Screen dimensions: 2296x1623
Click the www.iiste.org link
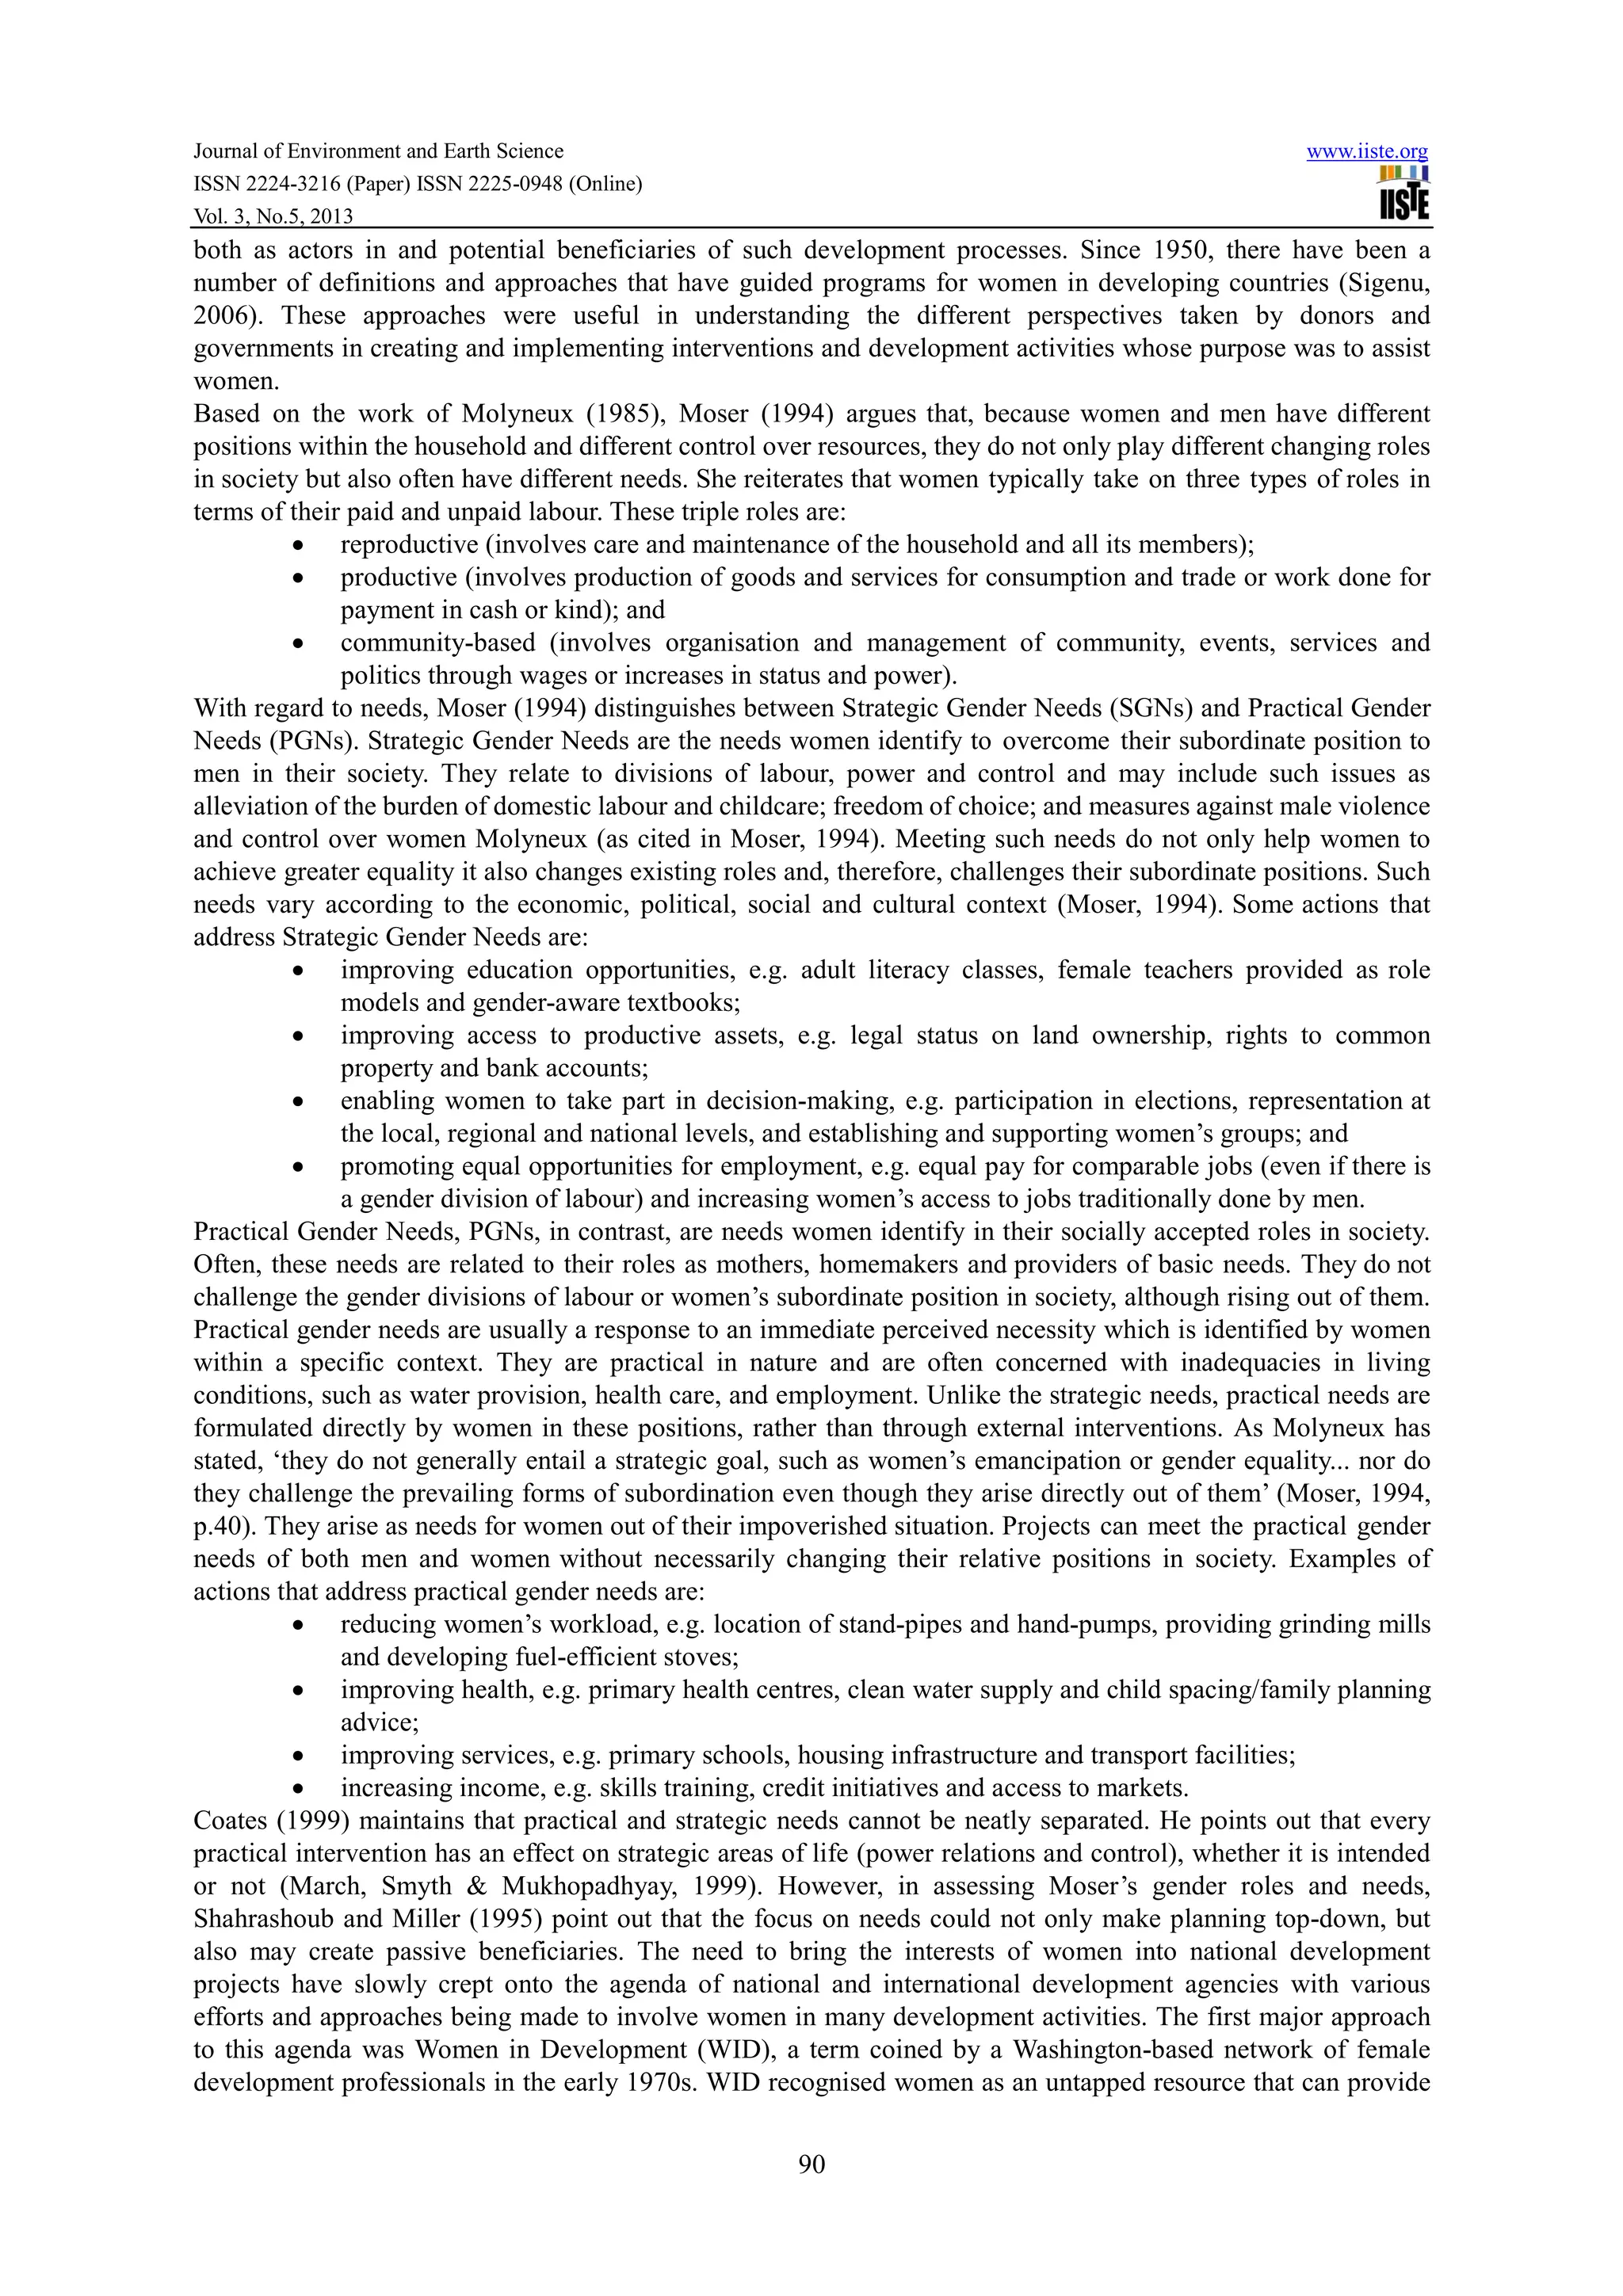point(1367,152)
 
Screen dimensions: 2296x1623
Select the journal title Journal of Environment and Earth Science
point(378,151)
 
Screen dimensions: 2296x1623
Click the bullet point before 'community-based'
point(298,644)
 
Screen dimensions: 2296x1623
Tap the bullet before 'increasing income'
point(298,1789)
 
